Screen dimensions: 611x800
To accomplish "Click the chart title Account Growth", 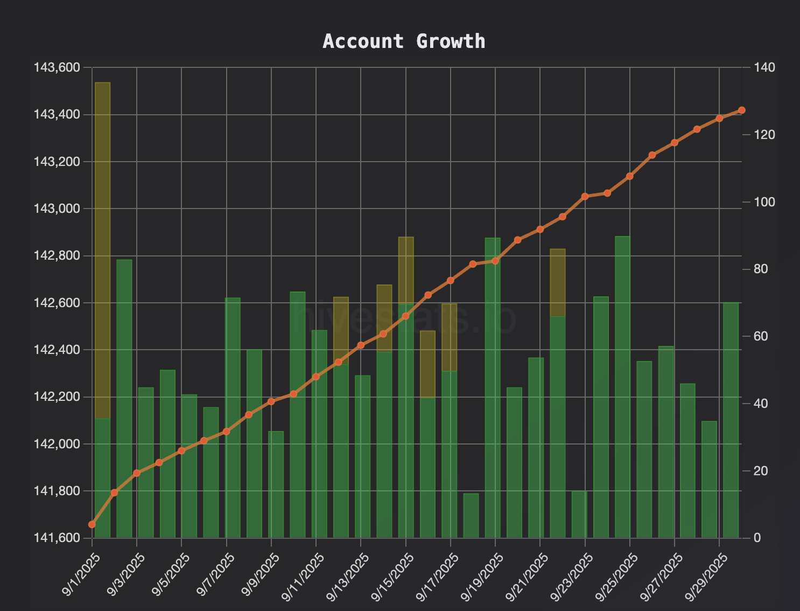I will tap(404, 41).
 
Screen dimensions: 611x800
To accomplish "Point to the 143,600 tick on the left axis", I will tap(57, 68).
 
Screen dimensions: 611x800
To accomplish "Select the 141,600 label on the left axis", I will tap(57, 538).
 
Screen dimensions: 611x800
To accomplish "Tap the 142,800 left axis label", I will tap(57, 256).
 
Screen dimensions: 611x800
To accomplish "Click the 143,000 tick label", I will tap(57, 209).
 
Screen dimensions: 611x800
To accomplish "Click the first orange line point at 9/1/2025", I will tap(92, 524).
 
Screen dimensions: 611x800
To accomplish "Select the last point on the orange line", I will tap(741, 110).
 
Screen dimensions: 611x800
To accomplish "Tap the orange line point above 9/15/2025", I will tap(406, 316).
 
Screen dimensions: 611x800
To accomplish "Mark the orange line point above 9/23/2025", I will tap(585, 196).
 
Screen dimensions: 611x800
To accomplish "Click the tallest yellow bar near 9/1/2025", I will tap(102, 248).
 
